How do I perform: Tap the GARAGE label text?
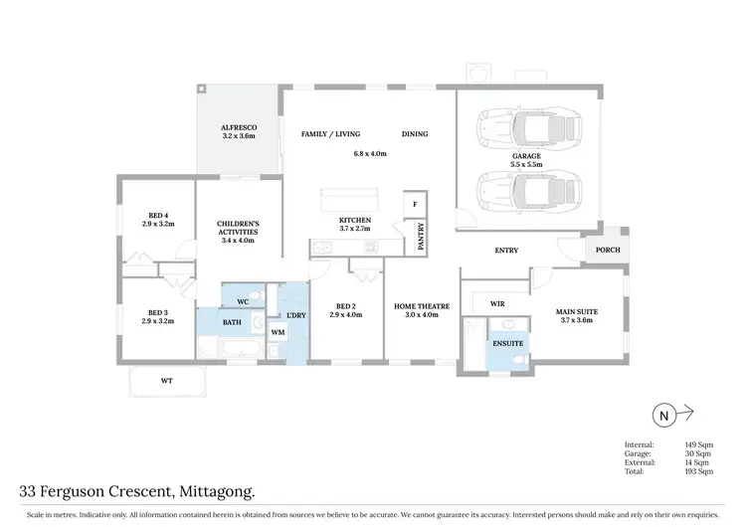coord(526,156)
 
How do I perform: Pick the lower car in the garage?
coord(527,189)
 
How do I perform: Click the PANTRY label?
coord(422,239)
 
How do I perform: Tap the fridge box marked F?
coord(414,204)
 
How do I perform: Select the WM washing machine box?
coord(278,331)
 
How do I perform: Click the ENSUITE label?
coord(506,343)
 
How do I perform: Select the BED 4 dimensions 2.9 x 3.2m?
coord(158,225)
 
